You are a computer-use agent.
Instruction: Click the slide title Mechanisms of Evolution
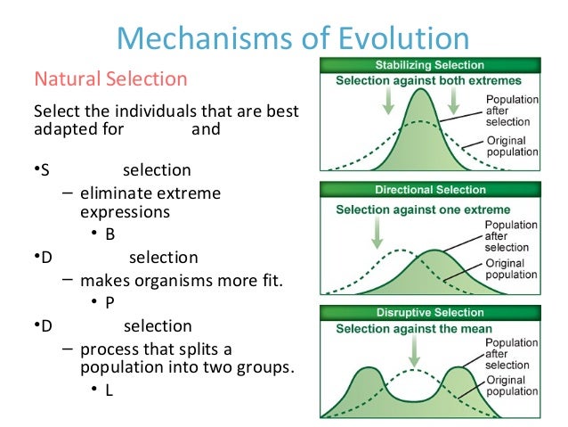(x=293, y=39)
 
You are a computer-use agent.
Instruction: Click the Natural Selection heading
(x=110, y=78)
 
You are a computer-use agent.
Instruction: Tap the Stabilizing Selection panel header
(x=430, y=65)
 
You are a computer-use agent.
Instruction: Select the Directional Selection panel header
(x=430, y=191)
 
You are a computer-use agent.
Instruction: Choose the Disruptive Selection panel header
(x=430, y=313)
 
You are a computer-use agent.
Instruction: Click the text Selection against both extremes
(x=428, y=81)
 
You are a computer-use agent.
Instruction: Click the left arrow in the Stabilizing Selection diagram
(x=387, y=102)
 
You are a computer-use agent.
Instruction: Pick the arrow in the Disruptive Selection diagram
(x=412, y=354)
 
